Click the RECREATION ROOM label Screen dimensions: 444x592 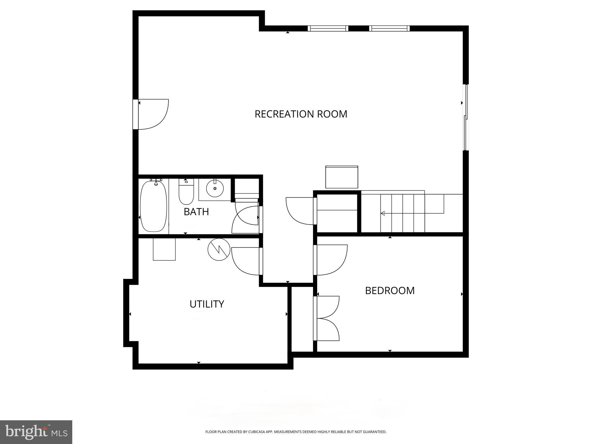click(x=301, y=114)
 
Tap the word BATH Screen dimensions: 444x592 click(x=196, y=212)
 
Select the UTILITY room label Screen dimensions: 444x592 click(x=207, y=304)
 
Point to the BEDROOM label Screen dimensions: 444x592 click(x=390, y=291)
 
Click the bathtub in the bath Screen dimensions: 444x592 click(x=153, y=206)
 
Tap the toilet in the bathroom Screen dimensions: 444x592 click(x=186, y=192)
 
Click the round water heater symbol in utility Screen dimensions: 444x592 click(x=219, y=249)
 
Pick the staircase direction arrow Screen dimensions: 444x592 click(x=383, y=213)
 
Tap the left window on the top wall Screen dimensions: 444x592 click(x=328, y=28)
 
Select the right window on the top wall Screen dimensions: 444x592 click(x=389, y=28)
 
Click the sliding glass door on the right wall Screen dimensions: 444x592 click(x=465, y=117)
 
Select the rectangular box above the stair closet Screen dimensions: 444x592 click(x=342, y=177)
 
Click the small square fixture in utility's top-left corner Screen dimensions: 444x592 click(x=164, y=249)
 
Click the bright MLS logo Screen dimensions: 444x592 click(x=36, y=432)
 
